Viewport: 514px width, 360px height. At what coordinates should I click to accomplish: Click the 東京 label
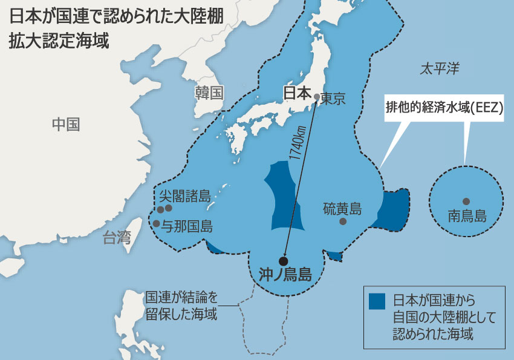coord(333,98)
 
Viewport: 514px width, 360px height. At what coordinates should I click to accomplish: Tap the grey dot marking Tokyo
coord(316,96)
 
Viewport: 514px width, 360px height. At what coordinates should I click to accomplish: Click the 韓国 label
coord(209,93)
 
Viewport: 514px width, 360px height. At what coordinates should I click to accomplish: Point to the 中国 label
coord(66,125)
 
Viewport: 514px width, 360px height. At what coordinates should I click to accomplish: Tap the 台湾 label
coord(116,238)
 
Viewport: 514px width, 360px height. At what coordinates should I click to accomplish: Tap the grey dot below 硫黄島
coord(343,221)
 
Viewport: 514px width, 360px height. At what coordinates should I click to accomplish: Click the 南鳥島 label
coord(467,215)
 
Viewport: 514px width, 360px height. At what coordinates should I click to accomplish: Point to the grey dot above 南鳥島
coord(466,201)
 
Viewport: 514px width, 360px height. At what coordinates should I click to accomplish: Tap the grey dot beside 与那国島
coord(156,223)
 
